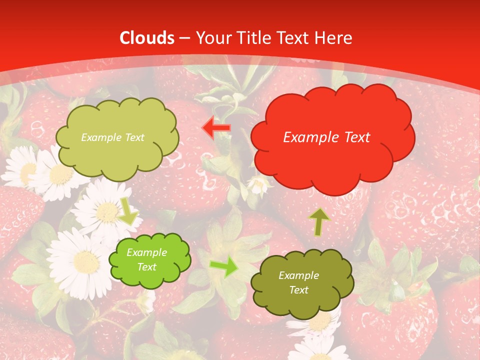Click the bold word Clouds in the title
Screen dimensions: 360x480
(x=147, y=37)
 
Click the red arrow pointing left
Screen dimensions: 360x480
(x=216, y=128)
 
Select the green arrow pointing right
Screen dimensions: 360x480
(x=224, y=267)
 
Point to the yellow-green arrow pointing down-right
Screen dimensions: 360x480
(x=128, y=211)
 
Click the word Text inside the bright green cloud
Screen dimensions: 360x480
(x=147, y=267)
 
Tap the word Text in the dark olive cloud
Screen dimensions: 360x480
(x=298, y=290)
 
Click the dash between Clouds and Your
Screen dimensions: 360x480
(x=185, y=38)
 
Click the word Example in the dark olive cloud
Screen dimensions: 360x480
(x=298, y=275)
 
